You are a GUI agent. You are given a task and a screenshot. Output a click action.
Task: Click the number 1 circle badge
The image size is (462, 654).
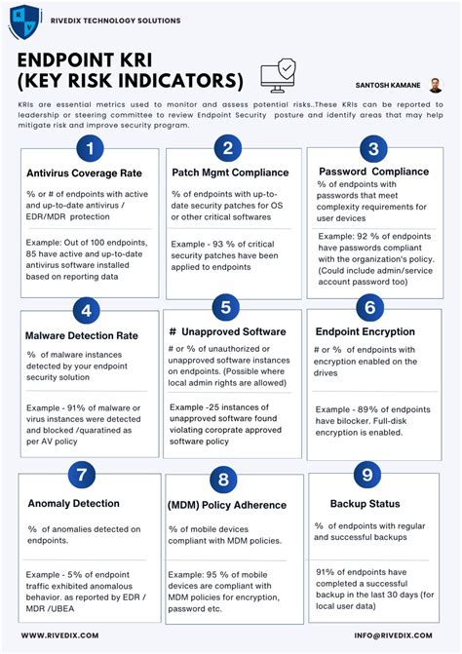click(x=90, y=149)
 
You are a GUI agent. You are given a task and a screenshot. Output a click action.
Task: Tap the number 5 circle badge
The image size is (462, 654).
click(x=226, y=308)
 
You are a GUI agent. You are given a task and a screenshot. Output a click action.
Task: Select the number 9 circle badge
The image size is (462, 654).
click(x=366, y=475)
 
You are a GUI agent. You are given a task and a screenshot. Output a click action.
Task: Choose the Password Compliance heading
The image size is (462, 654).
click(x=373, y=172)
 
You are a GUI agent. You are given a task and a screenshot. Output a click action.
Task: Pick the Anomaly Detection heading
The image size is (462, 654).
click(x=74, y=504)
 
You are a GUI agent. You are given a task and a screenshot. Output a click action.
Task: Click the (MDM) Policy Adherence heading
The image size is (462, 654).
click(x=227, y=505)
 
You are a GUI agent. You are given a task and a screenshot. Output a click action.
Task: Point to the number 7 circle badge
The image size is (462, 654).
click(x=82, y=476)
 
